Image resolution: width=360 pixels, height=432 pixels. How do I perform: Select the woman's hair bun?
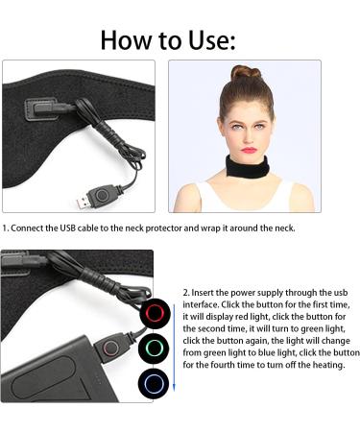coord(245,74)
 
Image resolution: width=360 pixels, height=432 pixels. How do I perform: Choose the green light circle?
coord(155,347)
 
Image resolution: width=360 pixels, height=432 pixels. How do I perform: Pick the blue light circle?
coord(155,381)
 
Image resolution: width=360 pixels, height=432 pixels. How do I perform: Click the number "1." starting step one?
coord(6,228)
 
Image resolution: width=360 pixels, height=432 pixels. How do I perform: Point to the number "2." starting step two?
coord(186,292)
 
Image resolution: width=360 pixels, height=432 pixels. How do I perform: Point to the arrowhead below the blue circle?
coord(174,392)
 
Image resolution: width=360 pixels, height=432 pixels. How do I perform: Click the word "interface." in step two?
coord(204,304)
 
